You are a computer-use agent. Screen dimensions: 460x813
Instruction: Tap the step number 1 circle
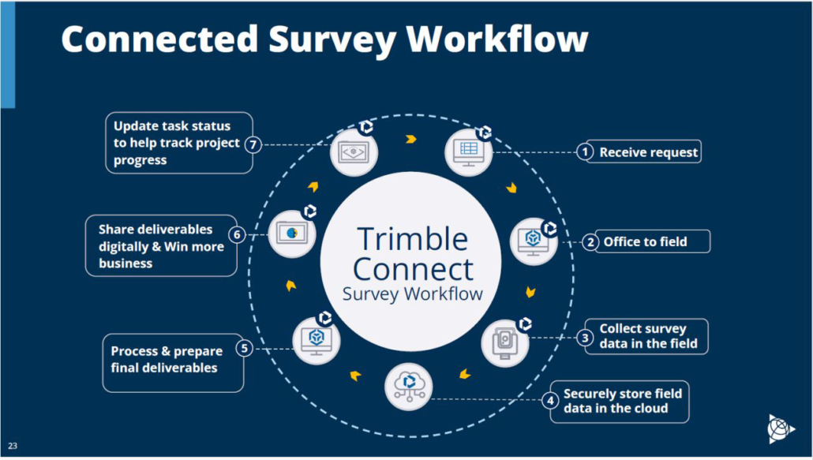(x=584, y=151)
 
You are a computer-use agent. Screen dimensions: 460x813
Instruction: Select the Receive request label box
(x=648, y=151)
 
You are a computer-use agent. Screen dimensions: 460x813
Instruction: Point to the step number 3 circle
(x=584, y=337)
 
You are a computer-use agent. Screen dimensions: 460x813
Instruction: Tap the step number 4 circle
(x=550, y=401)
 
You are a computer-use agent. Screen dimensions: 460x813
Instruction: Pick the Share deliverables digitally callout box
(x=161, y=246)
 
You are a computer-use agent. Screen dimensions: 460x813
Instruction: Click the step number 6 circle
(x=236, y=234)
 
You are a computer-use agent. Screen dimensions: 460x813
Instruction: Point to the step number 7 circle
(x=252, y=144)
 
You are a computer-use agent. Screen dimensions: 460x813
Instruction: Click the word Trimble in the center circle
(x=412, y=238)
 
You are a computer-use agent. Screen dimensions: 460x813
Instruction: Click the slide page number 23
(x=13, y=446)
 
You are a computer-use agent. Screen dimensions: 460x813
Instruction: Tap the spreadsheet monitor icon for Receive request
(x=469, y=151)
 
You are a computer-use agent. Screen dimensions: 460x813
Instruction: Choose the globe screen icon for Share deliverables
(x=291, y=234)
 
